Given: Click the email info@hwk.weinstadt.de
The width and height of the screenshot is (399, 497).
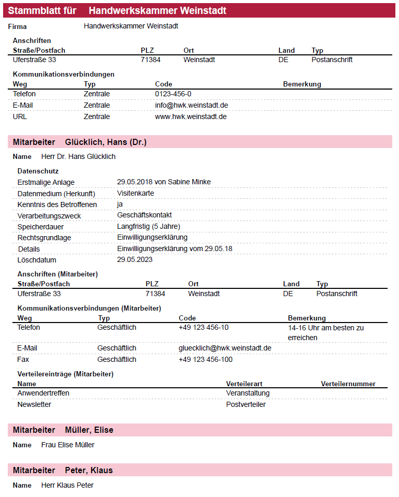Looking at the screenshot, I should click(191, 105).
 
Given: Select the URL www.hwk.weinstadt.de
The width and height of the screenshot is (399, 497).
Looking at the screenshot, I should click(190, 116).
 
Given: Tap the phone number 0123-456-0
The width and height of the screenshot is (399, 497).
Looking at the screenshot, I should click(173, 94).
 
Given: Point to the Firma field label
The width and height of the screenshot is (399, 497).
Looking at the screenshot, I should click(17, 26).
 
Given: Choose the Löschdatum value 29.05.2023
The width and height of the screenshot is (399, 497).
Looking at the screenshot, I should click(135, 259).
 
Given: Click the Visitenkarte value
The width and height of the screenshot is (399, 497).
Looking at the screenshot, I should click(135, 193).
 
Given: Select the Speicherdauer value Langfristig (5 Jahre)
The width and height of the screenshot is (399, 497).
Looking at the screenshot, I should click(149, 226).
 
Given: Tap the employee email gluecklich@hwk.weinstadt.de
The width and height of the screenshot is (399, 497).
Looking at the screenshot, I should click(225, 348).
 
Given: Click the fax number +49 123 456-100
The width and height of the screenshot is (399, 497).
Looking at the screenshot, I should click(205, 359).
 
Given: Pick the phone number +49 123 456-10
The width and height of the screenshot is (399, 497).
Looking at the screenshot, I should click(203, 327).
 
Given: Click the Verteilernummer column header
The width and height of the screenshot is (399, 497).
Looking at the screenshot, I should click(348, 384).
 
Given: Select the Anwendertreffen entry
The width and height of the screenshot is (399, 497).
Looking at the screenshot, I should click(43, 393).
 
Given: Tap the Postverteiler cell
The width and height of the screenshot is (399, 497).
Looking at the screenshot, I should click(245, 404).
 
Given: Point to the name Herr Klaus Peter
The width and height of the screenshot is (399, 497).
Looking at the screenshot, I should click(67, 485).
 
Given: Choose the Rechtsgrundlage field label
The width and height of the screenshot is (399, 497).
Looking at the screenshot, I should click(44, 238).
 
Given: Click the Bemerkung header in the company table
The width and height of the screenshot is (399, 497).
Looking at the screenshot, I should click(302, 84).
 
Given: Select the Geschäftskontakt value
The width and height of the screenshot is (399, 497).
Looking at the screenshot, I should click(144, 215).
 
